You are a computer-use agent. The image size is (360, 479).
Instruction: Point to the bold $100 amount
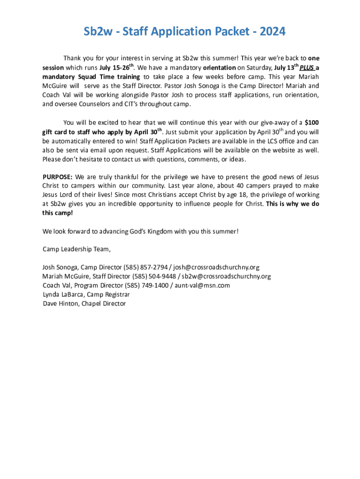click(x=312, y=123)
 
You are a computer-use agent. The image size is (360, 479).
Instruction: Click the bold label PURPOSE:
click(x=58, y=177)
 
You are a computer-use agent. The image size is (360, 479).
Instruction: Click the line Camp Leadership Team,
click(x=77, y=249)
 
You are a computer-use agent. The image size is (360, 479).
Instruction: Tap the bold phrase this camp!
click(x=58, y=213)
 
